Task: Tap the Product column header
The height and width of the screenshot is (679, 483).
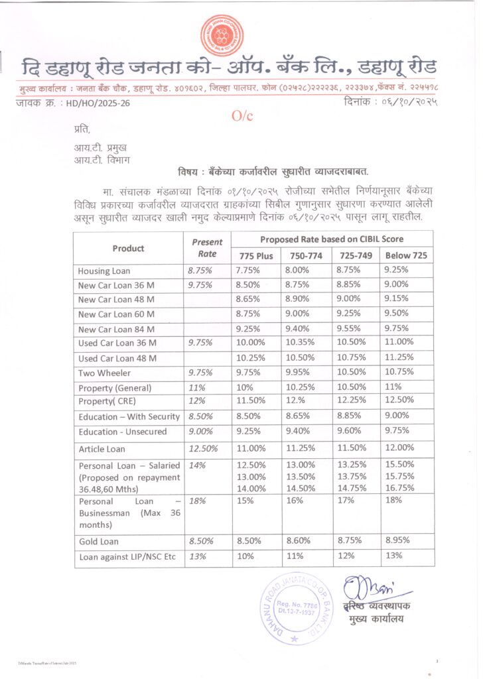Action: (x=128, y=248)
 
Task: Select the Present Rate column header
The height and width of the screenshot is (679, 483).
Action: (x=208, y=248)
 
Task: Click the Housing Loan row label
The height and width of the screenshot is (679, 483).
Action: (x=104, y=271)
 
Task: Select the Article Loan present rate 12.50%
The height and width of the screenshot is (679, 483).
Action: (x=203, y=449)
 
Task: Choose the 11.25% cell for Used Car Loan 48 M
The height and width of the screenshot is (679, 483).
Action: (x=399, y=357)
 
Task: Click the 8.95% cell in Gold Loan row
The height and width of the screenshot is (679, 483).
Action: (x=398, y=541)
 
